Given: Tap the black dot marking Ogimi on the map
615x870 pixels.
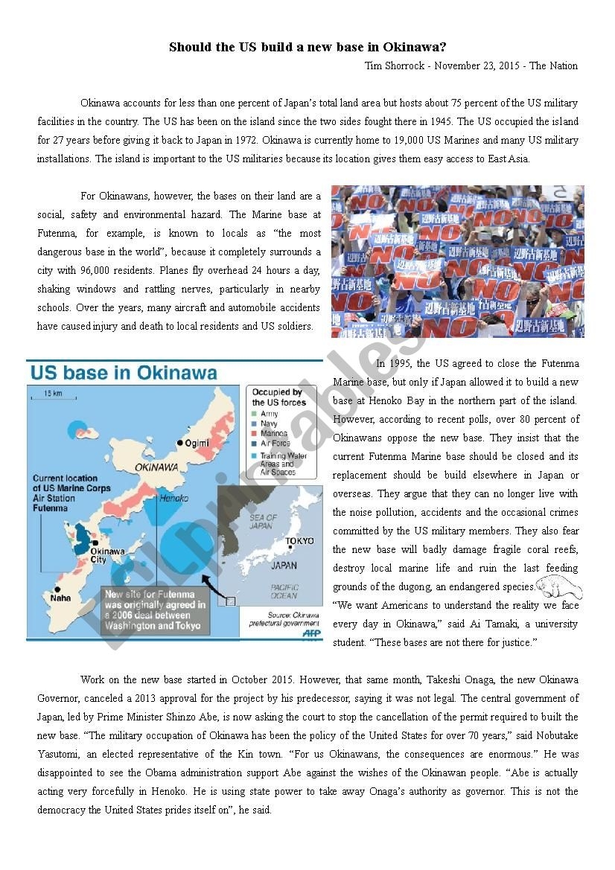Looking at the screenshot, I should coord(180,443).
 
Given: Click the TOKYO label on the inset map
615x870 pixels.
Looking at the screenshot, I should coord(299,541).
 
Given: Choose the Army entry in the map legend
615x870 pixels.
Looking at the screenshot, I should coord(269,414).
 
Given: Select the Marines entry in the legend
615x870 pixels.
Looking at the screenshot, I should coord(273,433).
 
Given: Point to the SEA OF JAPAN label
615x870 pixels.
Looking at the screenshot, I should coord(263,522).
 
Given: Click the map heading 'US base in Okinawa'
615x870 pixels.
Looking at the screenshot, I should coord(123,373).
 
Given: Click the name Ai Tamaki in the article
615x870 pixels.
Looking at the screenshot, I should coord(471,624).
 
